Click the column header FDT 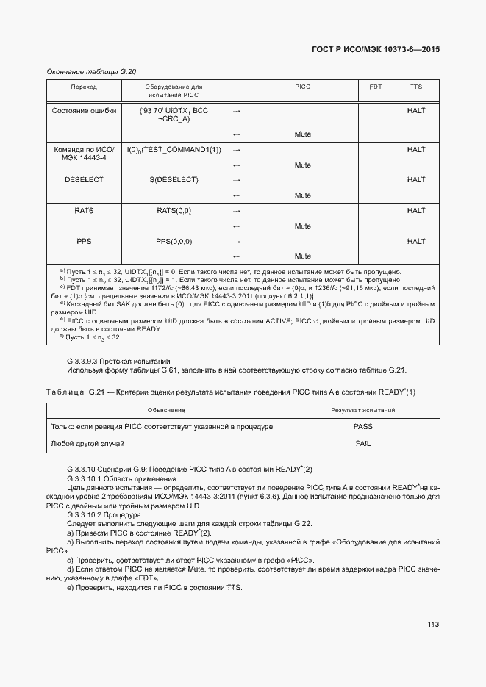pyautogui.click(x=375, y=87)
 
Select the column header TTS pyautogui.click(x=416, y=87)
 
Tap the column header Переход pyautogui.click(x=84, y=87)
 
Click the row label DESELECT pyautogui.click(x=84, y=180)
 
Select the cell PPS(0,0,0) pyautogui.click(x=174, y=242)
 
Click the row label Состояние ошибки pyautogui.click(x=84, y=110)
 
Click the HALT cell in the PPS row pyautogui.click(x=416, y=242)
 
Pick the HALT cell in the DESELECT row pyautogui.click(x=416, y=180)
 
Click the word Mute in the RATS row pyautogui.click(x=302, y=226)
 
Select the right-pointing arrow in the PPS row pyautogui.click(x=237, y=242)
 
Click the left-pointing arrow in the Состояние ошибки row pyautogui.click(x=237, y=134)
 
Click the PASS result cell pyautogui.click(x=362, y=427)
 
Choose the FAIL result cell pyautogui.click(x=362, y=444)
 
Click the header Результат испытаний pyautogui.click(x=362, y=410)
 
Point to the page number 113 pyautogui.click(x=432, y=625)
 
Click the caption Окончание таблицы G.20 pyautogui.click(x=92, y=71)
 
